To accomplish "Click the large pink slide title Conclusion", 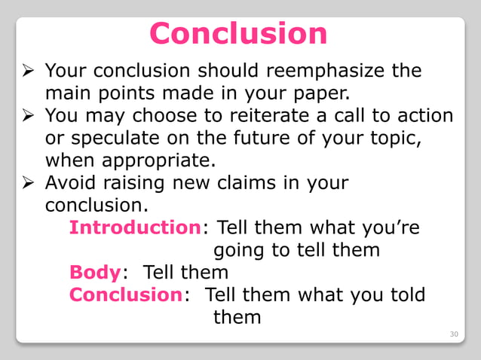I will click(238, 34).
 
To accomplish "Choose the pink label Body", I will click(94, 271).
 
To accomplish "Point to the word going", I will click(240, 250).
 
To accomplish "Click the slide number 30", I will click(453, 331).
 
